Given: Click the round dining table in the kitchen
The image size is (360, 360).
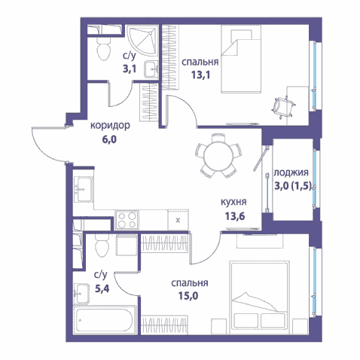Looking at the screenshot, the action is (218, 157).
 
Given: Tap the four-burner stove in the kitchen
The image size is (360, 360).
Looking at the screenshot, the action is (127, 220).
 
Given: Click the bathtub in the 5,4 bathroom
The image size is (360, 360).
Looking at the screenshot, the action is (104, 320).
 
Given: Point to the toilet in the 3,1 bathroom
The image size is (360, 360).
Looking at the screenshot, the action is (104, 48).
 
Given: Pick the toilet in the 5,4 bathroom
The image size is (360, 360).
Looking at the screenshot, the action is (102, 246).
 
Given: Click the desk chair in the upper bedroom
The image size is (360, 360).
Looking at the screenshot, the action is (284, 107).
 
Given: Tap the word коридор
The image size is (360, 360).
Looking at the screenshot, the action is (110, 125).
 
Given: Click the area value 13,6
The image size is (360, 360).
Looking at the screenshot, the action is (235, 216).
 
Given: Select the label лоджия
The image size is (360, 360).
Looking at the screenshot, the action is (291, 173).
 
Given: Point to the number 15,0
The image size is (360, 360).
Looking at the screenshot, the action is (188, 296).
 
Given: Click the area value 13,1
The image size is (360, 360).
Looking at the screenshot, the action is (201, 75).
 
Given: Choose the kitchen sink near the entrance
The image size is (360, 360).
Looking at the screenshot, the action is (84, 189).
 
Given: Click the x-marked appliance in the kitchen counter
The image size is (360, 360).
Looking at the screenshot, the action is (178, 220).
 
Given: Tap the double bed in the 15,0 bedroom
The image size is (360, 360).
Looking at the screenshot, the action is (259, 297).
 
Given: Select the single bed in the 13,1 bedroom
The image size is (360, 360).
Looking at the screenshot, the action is (241, 59).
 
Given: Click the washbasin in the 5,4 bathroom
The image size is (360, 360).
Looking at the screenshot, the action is (82, 294).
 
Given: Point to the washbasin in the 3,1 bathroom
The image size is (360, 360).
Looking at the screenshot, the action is (151, 69).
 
